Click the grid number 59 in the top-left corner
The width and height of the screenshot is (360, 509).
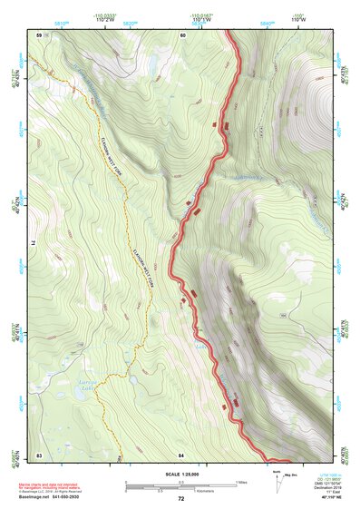pyautogui.click(x=38, y=34)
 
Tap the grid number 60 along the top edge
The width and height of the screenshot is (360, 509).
pyautogui.click(x=182, y=34)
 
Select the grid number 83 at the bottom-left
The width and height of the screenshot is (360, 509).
pyautogui.click(x=38, y=454)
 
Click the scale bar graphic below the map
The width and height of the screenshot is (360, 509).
pyautogui.click(x=180, y=484)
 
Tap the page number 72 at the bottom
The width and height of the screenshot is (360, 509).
pyautogui.click(x=180, y=499)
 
